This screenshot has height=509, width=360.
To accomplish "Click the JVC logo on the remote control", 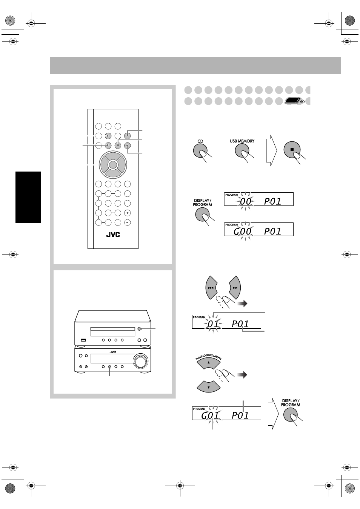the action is point(113,235).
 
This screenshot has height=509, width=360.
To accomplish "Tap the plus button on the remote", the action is point(127,213).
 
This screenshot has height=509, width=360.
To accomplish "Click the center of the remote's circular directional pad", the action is point(113,164).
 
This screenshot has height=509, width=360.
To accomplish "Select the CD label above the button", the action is point(200,141).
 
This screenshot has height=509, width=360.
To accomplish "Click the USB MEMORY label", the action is point(242,141).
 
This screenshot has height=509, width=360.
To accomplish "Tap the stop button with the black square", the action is point(292,150).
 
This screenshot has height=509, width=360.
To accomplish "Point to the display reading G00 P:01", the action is point(259,229).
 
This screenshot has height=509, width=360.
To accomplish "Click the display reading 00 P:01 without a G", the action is point(259,199).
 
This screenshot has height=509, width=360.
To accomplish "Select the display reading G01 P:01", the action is point(226,413).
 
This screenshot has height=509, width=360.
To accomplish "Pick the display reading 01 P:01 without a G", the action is point(226,322).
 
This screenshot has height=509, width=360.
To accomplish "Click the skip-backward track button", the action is point(211,288).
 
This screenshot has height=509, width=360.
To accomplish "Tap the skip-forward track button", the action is point(235,288).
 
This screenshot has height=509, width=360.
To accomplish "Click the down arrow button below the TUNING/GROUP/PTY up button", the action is point(209,386).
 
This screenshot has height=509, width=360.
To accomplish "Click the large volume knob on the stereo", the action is point(140,360).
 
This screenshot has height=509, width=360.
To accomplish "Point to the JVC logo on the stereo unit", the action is point(113,352).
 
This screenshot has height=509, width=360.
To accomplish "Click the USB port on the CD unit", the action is point(83,340).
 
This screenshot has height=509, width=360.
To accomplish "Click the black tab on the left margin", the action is point(28,197).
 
